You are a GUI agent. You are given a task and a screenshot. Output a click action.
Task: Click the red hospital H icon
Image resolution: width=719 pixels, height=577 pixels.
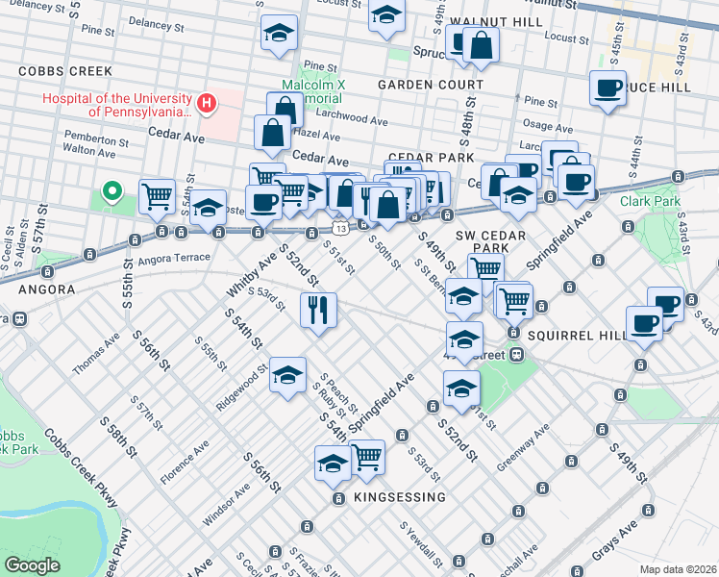[x=205, y=103]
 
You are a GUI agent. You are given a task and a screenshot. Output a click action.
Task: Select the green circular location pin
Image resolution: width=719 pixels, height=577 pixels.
[x=112, y=191]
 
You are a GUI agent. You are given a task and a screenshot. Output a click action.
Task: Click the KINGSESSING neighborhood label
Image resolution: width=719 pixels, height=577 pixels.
[x=399, y=497]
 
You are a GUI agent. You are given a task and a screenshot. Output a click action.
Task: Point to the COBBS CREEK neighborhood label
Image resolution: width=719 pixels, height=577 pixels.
[x=65, y=72]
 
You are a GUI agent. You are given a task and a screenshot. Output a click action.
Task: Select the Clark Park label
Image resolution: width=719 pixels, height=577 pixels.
[x=650, y=202]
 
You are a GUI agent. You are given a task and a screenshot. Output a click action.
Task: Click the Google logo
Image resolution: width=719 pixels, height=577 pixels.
[x=33, y=564]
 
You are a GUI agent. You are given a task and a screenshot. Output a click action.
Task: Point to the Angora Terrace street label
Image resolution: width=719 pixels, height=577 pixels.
[x=174, y=259]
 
